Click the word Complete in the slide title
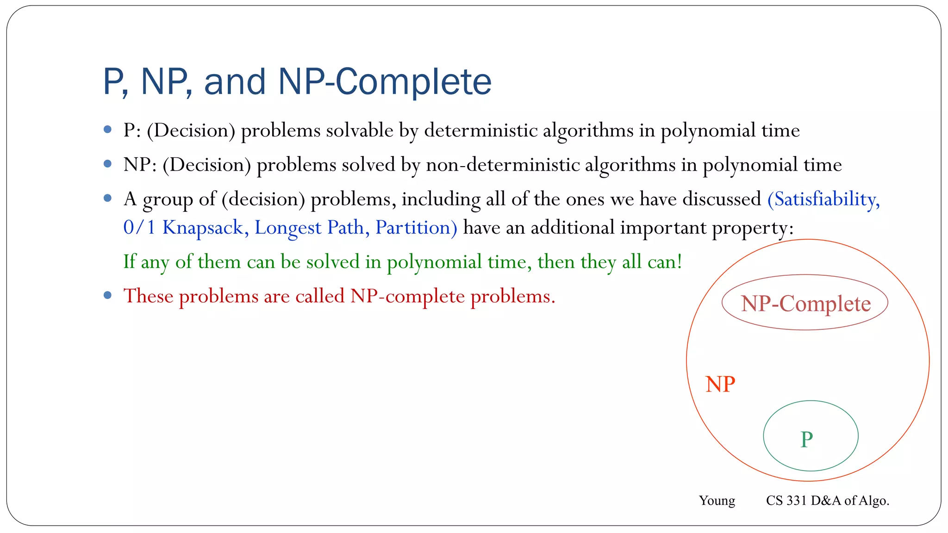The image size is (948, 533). [x=413, y=82]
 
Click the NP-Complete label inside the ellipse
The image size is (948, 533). [x=805, y=304]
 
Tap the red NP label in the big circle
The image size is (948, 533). [x=720, y=384]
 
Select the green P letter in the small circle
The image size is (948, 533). [x=806, y=439]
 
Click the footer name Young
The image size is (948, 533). [x=717, y=501]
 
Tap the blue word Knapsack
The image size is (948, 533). [x=202, y=228]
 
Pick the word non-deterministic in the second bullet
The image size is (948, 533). [x=502, y=165]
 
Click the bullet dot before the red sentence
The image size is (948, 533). [x=108, y=295]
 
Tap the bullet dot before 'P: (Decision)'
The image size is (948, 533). [x=108, y=130]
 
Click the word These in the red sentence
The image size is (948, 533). [x=148, y=296]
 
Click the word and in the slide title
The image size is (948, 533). [x=235, y=82]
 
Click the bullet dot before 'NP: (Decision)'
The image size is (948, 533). [x=108, y=164]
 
